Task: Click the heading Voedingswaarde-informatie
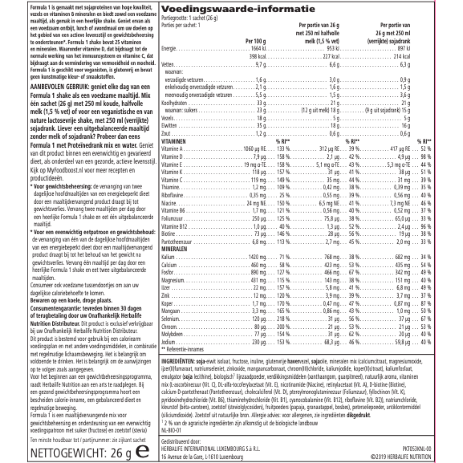click(238, 9)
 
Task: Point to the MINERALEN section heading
click(174, 248)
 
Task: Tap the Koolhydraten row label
click(171, 102)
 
